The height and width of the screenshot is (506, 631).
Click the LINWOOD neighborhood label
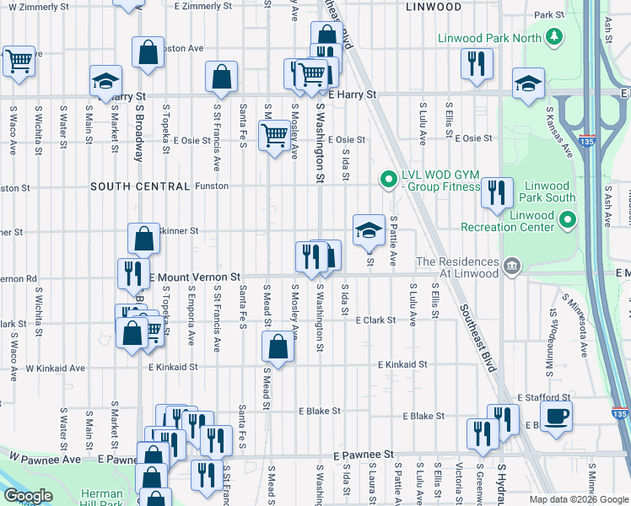433,7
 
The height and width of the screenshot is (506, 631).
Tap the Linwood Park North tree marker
553,36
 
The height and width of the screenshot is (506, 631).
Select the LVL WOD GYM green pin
388,179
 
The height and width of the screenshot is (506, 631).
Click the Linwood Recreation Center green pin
567,221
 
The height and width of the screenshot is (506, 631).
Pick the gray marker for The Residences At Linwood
512,268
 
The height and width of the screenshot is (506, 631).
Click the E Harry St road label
353,95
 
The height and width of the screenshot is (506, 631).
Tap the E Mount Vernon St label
195,277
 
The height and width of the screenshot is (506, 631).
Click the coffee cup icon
556,416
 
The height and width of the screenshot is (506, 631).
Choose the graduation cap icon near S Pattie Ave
369,229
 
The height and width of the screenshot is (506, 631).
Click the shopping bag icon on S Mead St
278,345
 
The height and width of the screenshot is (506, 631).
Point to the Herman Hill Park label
102,498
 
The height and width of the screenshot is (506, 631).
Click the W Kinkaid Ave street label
55,368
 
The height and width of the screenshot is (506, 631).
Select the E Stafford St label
545,397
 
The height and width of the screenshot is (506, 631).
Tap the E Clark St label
375,320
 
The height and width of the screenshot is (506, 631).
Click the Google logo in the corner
28,496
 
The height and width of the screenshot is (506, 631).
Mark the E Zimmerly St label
202,6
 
